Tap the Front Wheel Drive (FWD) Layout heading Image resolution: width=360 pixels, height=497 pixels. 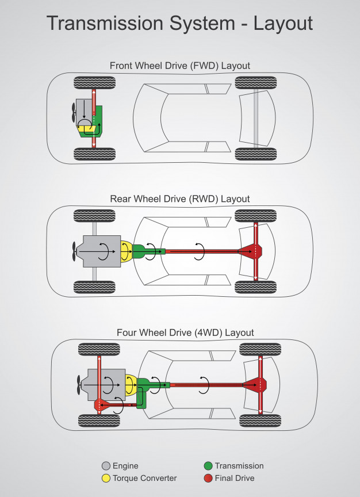point(180,66)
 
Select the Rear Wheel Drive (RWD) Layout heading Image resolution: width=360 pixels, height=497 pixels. point(180,199)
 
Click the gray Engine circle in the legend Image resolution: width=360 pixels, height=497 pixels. point(105,466)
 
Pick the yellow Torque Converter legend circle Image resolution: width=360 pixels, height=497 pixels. point(105,478)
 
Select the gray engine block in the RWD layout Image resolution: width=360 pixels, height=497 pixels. point(101,251)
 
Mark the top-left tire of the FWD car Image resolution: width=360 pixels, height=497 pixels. point(95,82)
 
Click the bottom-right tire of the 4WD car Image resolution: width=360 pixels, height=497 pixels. point(260,420)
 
